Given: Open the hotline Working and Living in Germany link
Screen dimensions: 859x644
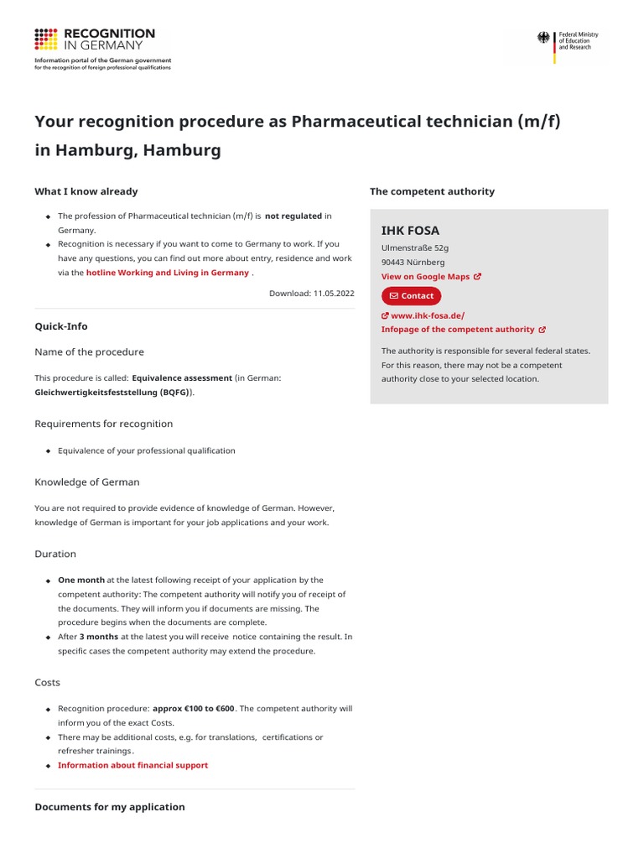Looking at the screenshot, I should tap(167, 273).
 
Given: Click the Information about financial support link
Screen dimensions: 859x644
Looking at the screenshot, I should tap(132, 765).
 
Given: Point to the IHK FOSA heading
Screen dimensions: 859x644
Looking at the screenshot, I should tap(410, 231).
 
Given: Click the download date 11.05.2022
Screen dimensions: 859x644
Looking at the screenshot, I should tap(311, 294).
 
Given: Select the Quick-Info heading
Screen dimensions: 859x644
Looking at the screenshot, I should tap(61, 326).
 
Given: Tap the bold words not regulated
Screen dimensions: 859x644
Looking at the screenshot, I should tap(293, 216).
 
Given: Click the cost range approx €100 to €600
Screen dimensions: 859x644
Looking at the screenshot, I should tap(194, 709).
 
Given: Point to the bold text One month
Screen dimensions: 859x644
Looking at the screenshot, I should tap(81, 580).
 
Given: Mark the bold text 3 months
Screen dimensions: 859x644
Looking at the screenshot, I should tap(98, 637).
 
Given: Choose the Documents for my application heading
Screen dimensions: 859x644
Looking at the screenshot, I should tap(110, 807).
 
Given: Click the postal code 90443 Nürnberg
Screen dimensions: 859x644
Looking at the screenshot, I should tap(413, 263).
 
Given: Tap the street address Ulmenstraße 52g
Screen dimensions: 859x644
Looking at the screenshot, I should tap(415, 248).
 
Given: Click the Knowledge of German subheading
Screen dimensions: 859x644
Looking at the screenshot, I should tap(87, 482).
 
